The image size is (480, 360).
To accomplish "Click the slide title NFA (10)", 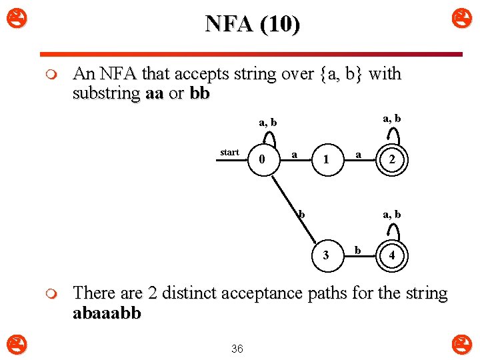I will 253,24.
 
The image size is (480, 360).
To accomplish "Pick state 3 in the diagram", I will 325,255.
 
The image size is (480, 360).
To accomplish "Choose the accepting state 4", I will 392,255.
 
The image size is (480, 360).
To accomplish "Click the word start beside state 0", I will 229,152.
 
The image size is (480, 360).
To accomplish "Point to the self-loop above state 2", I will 393,135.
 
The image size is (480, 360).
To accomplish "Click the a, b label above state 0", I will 268,123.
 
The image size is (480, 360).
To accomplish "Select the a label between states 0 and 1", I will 294,154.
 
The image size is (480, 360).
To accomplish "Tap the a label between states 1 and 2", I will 358,154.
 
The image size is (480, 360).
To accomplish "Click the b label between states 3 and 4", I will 358,250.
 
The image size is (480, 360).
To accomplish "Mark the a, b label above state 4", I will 391,215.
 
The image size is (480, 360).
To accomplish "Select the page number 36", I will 237,348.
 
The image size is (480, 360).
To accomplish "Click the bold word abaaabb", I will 107,313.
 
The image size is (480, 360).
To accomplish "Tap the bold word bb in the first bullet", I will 199,93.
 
